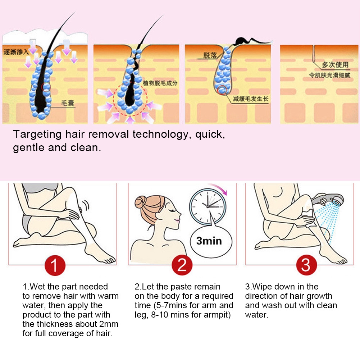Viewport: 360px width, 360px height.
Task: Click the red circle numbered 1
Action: pyautogui.click(x=55, y=265)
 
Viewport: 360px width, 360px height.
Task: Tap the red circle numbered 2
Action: pyautogui.click(x=182, y=265)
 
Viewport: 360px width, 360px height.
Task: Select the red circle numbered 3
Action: pyautogui.click(x=307, y=265)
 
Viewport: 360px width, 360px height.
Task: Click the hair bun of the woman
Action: pyautogui.click(x=140, y=202)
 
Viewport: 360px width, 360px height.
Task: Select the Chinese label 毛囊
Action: pyautogui.click(x=68, y=103)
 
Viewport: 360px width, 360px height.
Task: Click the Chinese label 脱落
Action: pyautogui.click(x=210, y=55)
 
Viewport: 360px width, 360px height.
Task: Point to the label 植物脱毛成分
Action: pyautogui.click(x=160, y=83)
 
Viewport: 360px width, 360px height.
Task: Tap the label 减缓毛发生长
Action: pyautogui.click(x=250, y=99)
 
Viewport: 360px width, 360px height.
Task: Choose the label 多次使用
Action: pyautogui.click(x=335, y=65)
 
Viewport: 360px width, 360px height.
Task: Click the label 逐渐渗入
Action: pyautogui.click(x=16, y=52)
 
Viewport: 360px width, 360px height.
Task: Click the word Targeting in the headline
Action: pyautogui.click(x=37, y=135)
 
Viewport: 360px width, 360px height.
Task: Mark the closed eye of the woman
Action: pyautogui.click(x=172, y=210)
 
